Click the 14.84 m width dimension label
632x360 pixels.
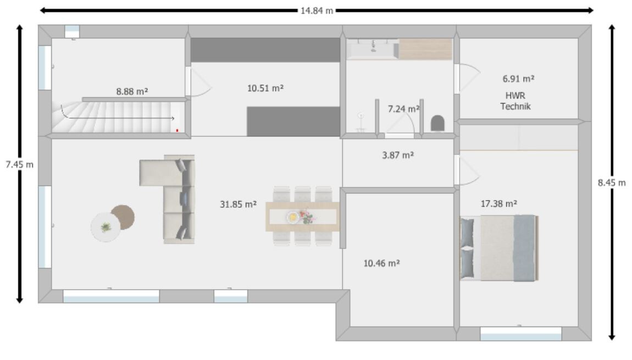coord(317,11)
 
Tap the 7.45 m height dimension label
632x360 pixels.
coord(19,164)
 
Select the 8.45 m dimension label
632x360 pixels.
coord(612,182)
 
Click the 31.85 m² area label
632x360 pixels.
coord(238,204)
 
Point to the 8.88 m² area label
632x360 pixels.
coord(132,92)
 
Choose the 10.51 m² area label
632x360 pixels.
coord(265,88)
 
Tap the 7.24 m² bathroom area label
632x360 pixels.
coord(403,109)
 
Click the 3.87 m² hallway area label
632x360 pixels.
coord(398,155)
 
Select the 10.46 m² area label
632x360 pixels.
coord(382,263)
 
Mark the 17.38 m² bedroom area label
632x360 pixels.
coord(498,203)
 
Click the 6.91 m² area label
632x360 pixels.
coord(518,79)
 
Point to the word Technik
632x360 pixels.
coord(515,107)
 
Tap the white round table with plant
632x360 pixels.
coord(105,227)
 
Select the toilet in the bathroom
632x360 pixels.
coord(437,123)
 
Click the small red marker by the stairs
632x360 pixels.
coord(177,131)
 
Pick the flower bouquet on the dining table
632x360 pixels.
coord(307,217)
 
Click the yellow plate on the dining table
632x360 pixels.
coord(292,217)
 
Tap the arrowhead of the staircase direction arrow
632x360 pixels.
coord(173,118)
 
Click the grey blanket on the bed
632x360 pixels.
coord(524,247)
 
